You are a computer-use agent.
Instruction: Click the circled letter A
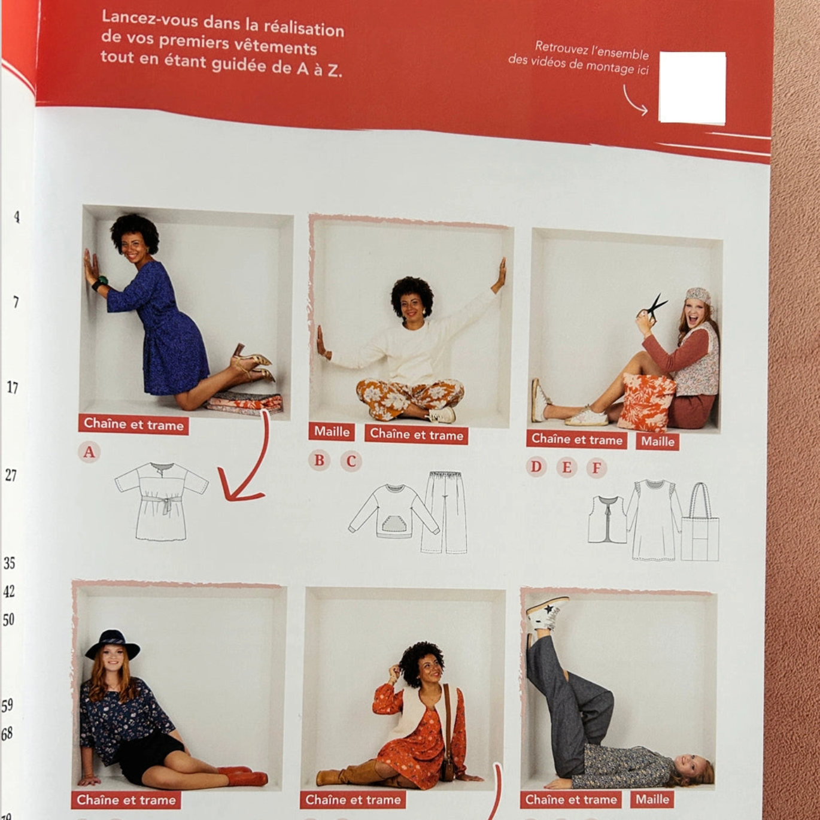coord(89,451)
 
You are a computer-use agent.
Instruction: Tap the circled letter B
coord(319,460)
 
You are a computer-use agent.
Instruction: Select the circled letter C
coord(351,461)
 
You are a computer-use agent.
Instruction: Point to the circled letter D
coord(536,467)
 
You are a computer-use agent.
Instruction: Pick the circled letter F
coord(596,468)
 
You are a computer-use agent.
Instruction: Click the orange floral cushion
coord(646,401)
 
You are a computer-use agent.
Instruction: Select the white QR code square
coord(693,87)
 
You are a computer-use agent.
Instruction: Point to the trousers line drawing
coord(445,512)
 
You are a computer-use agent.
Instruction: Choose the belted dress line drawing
coord(162,501)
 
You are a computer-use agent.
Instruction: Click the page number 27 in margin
coord(11,475)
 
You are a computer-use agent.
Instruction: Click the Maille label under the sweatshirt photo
coord(332,432)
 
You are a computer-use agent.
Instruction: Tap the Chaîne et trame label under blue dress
coord(133,424)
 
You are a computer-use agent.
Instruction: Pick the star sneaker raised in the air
coord(547,613)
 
